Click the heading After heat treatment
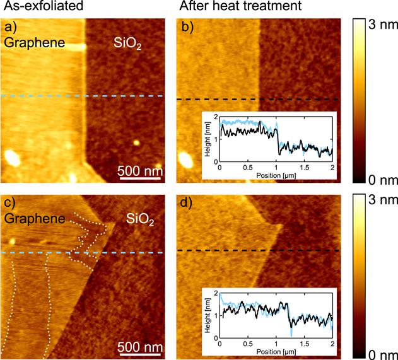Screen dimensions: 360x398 tap(231, 8)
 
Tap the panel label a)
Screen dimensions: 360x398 tap(11, 28)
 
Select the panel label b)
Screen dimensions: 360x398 tap(187, 28)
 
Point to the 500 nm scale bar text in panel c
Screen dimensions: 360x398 tap(141, 347)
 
